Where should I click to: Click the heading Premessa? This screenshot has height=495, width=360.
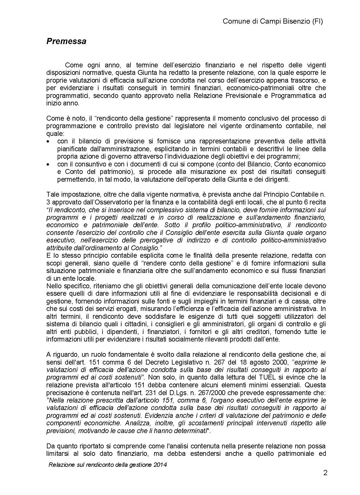coord(66,41)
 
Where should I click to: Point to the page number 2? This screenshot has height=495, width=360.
coord(325,473)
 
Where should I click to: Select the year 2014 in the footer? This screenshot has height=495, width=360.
coord(161,464)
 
